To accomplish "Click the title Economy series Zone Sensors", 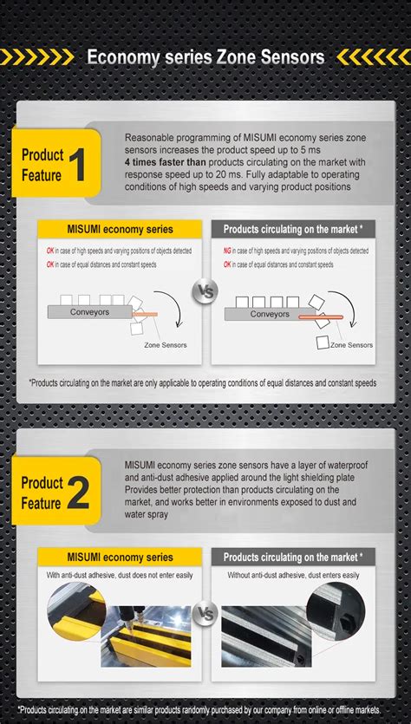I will pos(205,57).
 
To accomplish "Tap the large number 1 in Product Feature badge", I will pos(79,165).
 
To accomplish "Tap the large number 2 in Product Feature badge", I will pos(79,493).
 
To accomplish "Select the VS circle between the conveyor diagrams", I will pos(206,290).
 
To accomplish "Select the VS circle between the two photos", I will pos(206,614).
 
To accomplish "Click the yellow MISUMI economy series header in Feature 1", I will pos(121,230).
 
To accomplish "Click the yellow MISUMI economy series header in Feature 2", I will pos(121,558).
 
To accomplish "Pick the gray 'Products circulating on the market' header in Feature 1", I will pos(292,230).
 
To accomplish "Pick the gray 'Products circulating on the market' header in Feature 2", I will pos(292,558).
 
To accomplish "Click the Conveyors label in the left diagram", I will pos(91,312).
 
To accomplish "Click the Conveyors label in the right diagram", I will pos(270,314).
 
